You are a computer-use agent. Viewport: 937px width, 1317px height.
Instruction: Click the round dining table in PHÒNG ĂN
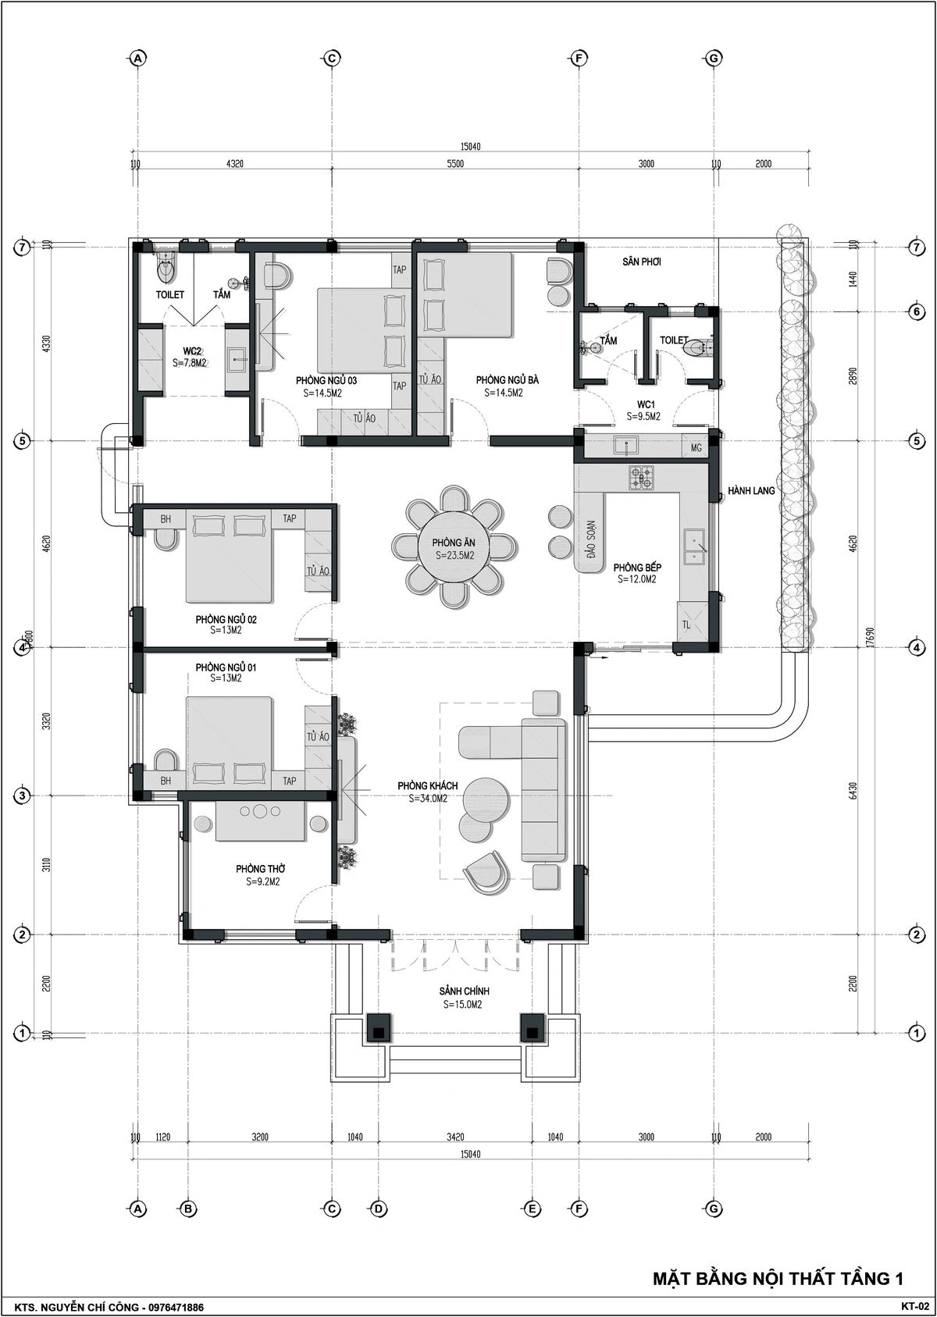(x=453, y=547)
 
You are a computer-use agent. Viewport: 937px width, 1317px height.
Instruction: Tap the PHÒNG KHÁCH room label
(x=428, y=785)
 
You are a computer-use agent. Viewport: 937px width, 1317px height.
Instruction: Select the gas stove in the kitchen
(x=640, y=478)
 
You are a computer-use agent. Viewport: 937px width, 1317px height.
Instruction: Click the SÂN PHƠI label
(x=642, y=262)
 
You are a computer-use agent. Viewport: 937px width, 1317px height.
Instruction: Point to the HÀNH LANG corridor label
(x=751, y=490)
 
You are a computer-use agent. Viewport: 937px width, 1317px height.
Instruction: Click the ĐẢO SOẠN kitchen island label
(x=591, y=539)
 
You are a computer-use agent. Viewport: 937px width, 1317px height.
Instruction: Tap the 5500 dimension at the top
(x=455, y=163)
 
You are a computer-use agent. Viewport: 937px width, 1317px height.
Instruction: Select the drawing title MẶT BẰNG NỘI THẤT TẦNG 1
(x=778, y=1278)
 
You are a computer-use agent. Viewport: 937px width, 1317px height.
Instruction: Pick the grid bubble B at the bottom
(x=187, y=1208)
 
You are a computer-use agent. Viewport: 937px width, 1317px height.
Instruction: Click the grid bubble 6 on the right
(x=917, y=311)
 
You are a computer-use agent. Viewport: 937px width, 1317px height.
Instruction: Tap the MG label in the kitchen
(x=697, y=448)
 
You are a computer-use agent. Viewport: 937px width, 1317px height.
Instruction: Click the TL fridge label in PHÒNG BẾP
(x=686, y=625)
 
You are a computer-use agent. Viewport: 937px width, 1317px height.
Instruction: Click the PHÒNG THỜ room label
(x=261, y=868)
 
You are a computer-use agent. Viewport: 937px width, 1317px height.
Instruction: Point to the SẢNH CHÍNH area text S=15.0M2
(x=463, y=1004)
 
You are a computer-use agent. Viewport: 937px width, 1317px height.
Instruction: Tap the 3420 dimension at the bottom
(x=455, y=1137)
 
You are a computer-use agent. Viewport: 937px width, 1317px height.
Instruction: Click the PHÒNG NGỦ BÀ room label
(x=507, y=380)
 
